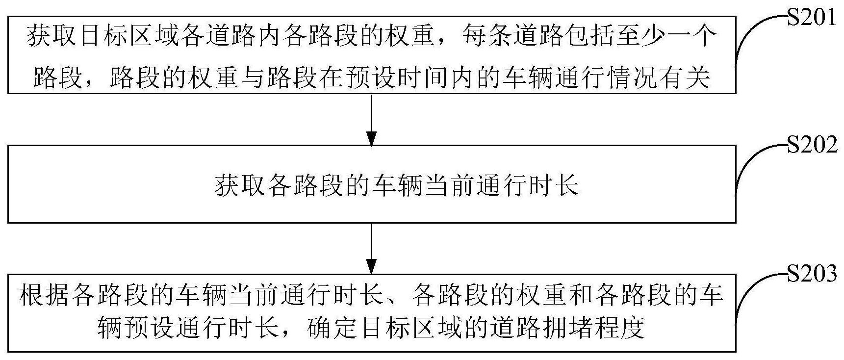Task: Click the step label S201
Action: coord(812,18)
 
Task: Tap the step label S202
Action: coord(812,145)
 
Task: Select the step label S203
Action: coord(812,274)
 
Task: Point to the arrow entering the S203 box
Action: coord(372,248)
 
